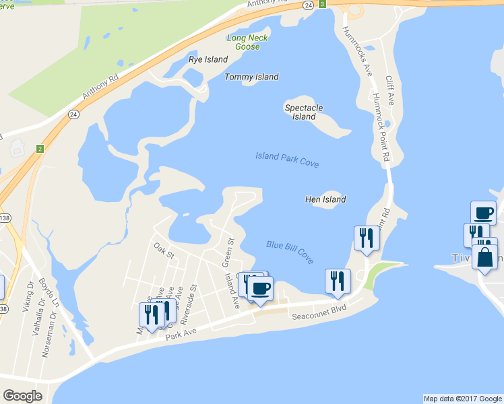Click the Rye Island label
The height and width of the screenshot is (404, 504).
[x=208, y=59]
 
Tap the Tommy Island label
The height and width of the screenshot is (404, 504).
[x=251, y=77]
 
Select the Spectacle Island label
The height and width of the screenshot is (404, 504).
[x=304, y=112]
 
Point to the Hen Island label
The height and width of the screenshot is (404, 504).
[x=325, y=199]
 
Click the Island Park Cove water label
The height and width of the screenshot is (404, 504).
[x=287, y=160]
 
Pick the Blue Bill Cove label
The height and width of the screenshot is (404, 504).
[x=290, y=252]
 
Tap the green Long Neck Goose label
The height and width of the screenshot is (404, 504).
[x=247, y=42]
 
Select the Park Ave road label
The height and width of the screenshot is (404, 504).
[x=181, y=334]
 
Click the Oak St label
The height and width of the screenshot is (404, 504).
[x=164, y=251]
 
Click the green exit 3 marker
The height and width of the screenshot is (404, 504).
[x=323, y=5]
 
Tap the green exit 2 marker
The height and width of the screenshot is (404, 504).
[x=40, y=149]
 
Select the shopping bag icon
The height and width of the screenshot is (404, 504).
[x=484, y=257]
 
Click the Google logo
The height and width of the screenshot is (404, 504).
[x=22, y=396]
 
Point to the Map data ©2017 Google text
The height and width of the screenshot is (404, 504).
[x=462, y=398]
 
